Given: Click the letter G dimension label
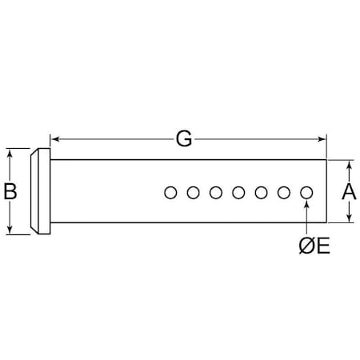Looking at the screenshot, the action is (184, 139).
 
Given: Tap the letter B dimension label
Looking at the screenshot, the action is (10, 191).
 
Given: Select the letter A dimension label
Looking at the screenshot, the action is (349, 191).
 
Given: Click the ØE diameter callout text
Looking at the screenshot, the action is (314, 246).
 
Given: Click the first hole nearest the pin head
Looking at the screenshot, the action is (170, 193).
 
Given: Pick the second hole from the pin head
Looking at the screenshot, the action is (194, 193).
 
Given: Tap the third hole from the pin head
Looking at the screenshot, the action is (216, 193).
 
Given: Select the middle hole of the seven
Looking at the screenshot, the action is (238, 193).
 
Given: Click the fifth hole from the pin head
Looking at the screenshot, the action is (262, 193).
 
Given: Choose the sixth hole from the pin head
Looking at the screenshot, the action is (284, 193).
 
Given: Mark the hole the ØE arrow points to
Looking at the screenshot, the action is (306, 193).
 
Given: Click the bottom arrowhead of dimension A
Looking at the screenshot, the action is (350, 218).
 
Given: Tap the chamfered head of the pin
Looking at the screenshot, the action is (41, 191).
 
